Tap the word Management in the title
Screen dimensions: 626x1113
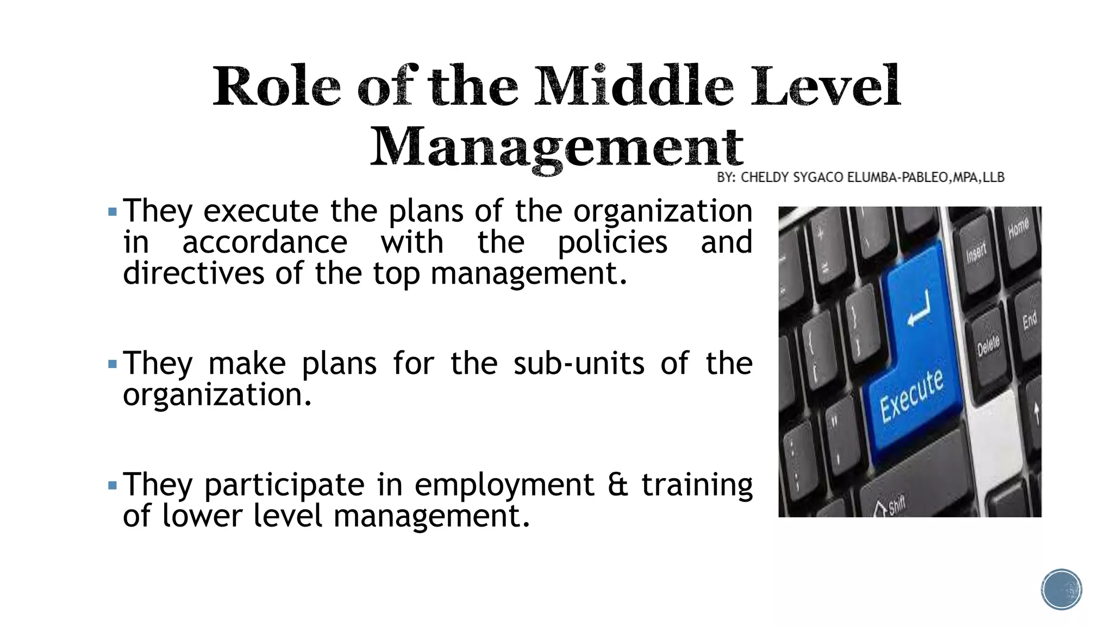pos(556,147)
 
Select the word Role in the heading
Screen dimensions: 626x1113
pos(277,87)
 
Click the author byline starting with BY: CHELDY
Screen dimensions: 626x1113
pos(860,178)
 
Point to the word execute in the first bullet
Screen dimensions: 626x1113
pos(260,211)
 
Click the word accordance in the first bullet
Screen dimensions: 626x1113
pos(265,242)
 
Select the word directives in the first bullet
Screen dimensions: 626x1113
pos(193,273)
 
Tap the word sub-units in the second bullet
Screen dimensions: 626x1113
pos(579,363)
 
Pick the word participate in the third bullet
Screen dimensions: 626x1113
pos(284,484)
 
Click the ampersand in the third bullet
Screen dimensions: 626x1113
pos(617,484)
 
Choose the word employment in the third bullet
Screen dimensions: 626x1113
pos(504,485)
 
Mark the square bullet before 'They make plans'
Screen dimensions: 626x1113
pos(112,364)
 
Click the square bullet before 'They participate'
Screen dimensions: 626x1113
pos(112,485)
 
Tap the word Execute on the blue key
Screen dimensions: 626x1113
pos(911,396)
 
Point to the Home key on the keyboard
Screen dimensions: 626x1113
pos(1018,228)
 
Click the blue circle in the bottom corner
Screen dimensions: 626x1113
pos(1061,590)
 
